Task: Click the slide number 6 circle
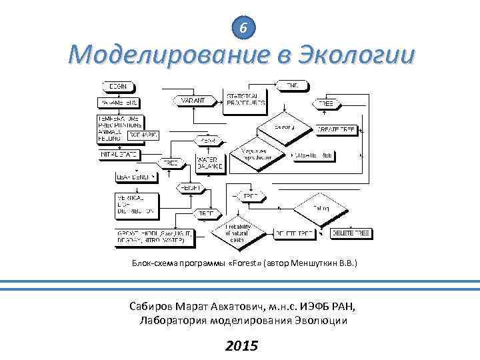click(x=245, y=28)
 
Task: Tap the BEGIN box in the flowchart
click(x=118, y=86)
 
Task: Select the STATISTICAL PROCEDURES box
click(x=246, y=99)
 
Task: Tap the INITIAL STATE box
click(x=118, y=154)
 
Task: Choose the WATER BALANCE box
click(x=209, y=163)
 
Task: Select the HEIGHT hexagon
click(x=191, y=189)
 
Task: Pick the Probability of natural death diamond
click(x=235, y=231)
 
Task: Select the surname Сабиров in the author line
click(x=151, y=306)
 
